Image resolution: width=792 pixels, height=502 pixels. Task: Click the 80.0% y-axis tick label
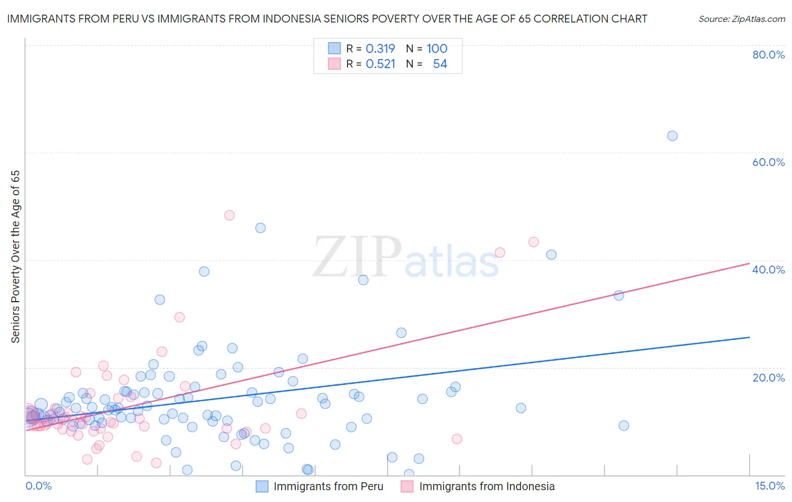tap(768, 55)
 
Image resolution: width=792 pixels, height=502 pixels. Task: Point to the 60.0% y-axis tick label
tap(768, 162)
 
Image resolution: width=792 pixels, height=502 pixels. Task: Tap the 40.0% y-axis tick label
tap(768, 270)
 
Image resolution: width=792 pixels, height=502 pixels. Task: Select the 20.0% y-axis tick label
tap(768, 378)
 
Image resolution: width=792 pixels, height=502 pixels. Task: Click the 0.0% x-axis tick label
tap(38, 486)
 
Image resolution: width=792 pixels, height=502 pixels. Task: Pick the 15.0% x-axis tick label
tap(769, 486)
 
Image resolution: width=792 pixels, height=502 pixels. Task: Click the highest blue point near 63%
tap(672, 136)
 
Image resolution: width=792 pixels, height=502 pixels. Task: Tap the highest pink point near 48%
tap(229, 215)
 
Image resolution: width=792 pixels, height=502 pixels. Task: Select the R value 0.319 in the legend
tap(380, 49)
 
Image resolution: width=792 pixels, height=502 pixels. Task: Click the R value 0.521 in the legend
tap(380, 64)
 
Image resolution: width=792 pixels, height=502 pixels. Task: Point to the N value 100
tap(437, 49)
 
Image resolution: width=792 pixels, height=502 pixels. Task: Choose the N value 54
tap(440, 64)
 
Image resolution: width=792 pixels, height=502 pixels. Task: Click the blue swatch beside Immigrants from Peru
tap(262, 487)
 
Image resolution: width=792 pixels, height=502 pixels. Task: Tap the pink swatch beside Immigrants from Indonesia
tap(407, 487)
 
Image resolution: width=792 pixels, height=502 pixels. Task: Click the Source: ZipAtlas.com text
tap(741, 19)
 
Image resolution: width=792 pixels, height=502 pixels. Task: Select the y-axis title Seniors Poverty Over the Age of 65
tap(16, 257)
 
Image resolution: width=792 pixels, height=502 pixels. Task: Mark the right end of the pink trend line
tap(749, 263)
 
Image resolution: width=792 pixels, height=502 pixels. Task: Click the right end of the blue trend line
tap(749, 337)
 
